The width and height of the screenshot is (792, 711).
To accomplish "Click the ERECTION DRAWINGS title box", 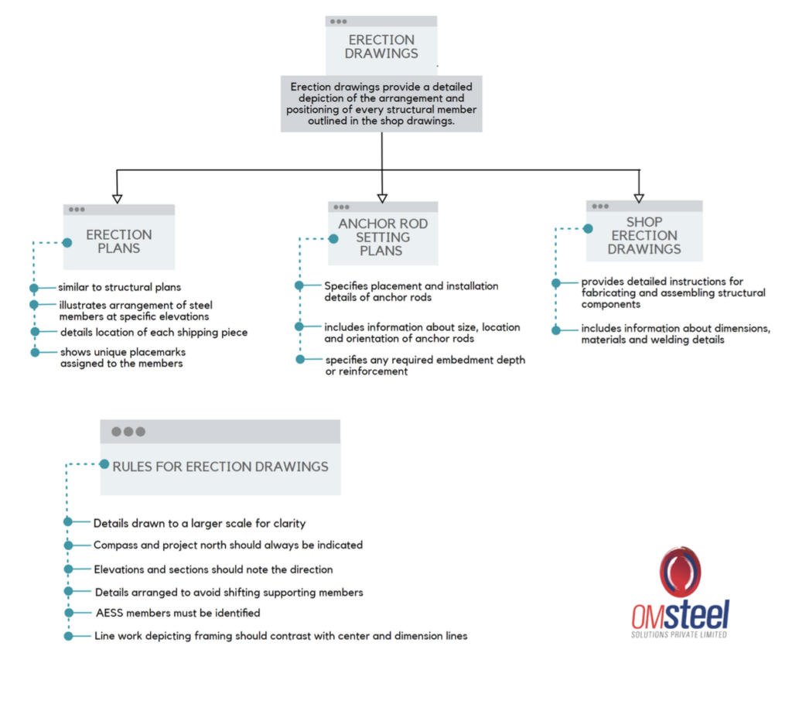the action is (x=381, y=46).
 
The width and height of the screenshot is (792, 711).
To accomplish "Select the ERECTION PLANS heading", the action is (x=118, y=241).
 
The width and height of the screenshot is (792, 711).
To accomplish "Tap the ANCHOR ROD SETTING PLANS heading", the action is (x=383, y=237).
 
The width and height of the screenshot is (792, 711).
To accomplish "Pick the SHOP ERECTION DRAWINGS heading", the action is (x=644, y=235).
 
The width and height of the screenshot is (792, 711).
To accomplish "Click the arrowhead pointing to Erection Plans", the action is (x=118, y=199).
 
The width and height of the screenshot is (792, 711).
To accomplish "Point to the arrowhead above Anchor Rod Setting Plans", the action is (x=382, y=198).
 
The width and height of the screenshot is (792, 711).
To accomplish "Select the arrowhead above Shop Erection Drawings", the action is (x=639, y=198).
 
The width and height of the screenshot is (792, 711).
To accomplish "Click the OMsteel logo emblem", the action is (x=680, y=572).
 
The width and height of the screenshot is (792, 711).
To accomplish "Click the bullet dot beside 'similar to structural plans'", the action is (x=34, y=288).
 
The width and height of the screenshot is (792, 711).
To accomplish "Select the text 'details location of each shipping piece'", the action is (x=154, y=333).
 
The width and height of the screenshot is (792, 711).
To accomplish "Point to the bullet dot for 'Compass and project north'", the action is (x=68, y=545).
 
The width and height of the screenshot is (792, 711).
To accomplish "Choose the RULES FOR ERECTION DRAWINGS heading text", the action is (x=220, y=467).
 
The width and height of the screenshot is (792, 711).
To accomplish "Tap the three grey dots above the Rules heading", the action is (x=128, y=432).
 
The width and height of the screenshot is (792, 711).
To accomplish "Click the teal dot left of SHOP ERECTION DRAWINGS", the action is (x=588, y=229).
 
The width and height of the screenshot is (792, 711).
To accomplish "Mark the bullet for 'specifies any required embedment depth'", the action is (x=300, y=359).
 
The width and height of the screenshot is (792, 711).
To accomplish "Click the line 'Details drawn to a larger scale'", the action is (x=200, y=524).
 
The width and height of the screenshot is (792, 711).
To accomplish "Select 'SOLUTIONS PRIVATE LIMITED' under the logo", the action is (x=679, y=634).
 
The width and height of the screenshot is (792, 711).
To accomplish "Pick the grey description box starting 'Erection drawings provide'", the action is (x=381, y=104).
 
